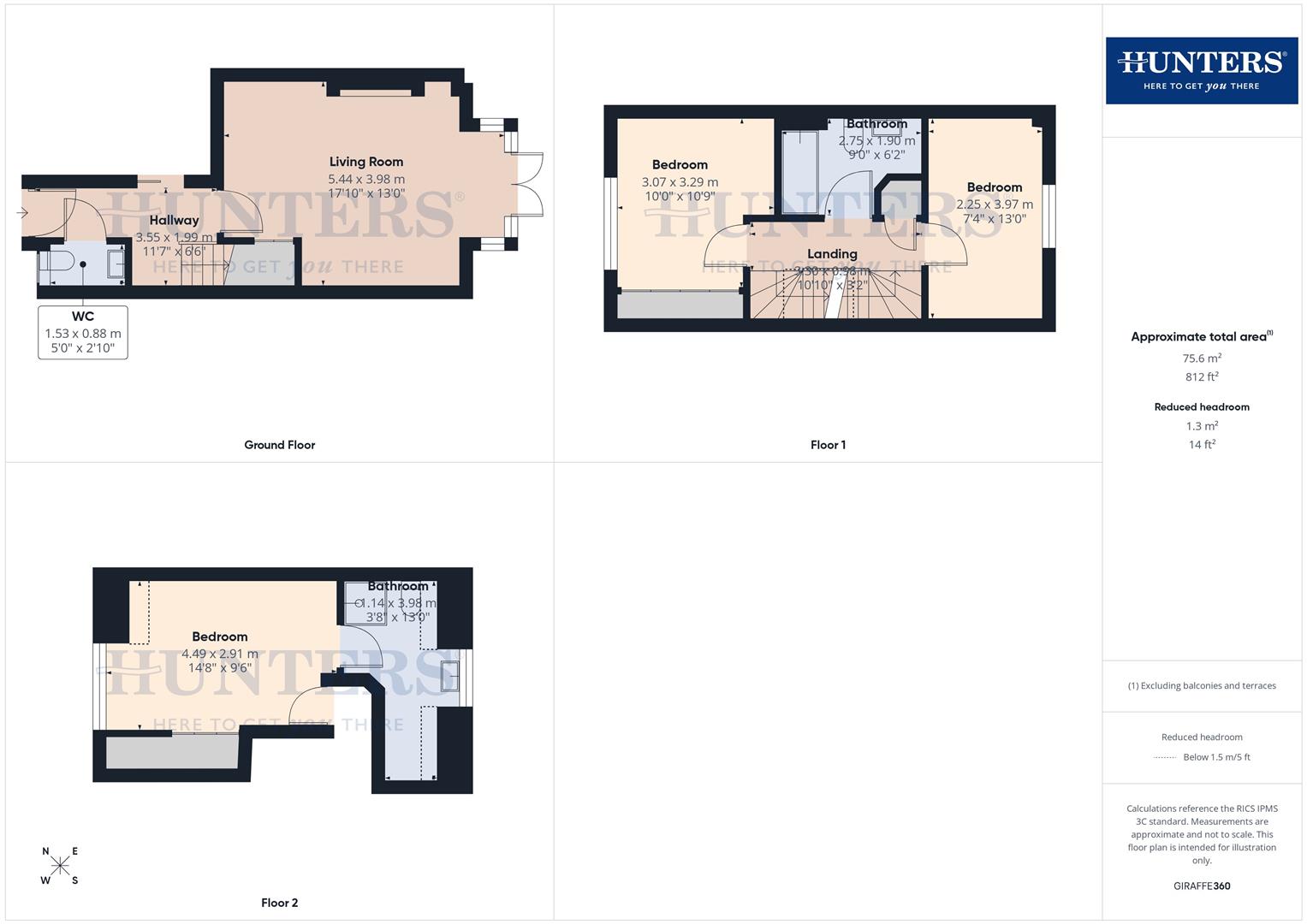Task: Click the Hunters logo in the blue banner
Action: coord(1201,70)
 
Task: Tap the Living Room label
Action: coord(366,162)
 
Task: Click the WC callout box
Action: coord(83,333)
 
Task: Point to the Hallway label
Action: coord(174,221)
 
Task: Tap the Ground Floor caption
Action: coord(279,445)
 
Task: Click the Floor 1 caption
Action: coord(828,445)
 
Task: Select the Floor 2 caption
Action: coord(279,903)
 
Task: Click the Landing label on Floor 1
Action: coord(832,254)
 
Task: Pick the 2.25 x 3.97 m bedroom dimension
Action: coord(995,204)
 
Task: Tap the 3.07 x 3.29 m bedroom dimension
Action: coord(680,182)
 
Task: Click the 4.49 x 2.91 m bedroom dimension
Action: coord(219,654)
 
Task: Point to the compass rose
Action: coord(60,865)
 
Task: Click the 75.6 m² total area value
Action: coord(1202,358)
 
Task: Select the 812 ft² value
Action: coord(1202,376)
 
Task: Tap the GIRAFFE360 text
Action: coord(1202,885)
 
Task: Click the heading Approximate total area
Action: coord(1201,336)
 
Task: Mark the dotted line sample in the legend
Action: coord(1165,757)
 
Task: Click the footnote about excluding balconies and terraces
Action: coord(1202,685)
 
